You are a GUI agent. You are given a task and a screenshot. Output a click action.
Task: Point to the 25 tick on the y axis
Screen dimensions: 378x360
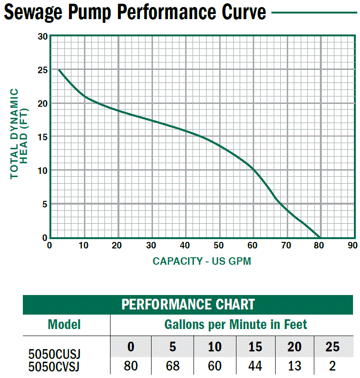[42, 70]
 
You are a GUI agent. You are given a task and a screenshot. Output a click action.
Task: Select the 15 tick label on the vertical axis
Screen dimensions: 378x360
[42, 137]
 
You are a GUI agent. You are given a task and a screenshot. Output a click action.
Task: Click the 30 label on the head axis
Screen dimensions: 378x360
[42, 37]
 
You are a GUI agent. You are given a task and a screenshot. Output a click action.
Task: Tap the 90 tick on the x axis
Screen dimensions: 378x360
[353, 246]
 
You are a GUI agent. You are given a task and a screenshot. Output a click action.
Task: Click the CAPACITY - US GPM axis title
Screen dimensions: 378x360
[202, 261]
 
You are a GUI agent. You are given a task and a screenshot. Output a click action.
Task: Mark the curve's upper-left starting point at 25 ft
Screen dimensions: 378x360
[59, 70]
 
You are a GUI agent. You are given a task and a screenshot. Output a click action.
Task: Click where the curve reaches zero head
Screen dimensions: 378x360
[320, 237]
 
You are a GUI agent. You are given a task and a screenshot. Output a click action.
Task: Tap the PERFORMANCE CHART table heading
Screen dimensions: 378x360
[188, 305]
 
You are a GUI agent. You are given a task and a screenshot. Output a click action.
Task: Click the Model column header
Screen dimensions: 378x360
[64, 324]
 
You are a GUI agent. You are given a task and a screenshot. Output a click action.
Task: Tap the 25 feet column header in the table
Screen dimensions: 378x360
[332, 348]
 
